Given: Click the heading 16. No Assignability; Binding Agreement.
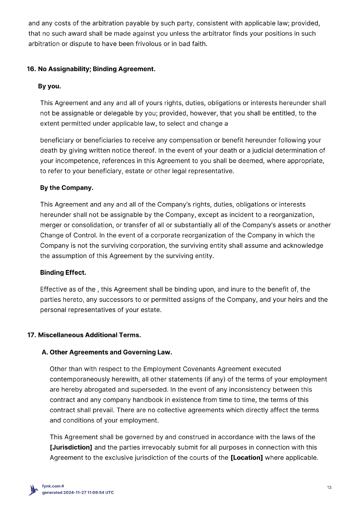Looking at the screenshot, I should [x=91, y=69].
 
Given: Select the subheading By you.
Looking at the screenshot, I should [x=49, y=86].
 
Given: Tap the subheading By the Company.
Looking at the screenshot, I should [x=67, y=188].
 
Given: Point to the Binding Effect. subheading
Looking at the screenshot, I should [x=63, y=273].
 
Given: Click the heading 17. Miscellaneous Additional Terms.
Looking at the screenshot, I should [x=84, y=335].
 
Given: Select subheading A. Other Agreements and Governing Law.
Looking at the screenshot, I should [x=107, y=352].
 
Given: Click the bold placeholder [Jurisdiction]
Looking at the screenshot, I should [x=71, y=448].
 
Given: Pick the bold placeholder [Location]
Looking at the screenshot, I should [x=246, y=458].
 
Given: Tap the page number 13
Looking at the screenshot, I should [x=329, y=487].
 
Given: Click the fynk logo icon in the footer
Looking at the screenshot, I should [x=34, y=490].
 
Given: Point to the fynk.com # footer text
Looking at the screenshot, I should [x=53, y=486].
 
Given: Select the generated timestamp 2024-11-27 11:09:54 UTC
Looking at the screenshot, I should [x=88, y=492].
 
